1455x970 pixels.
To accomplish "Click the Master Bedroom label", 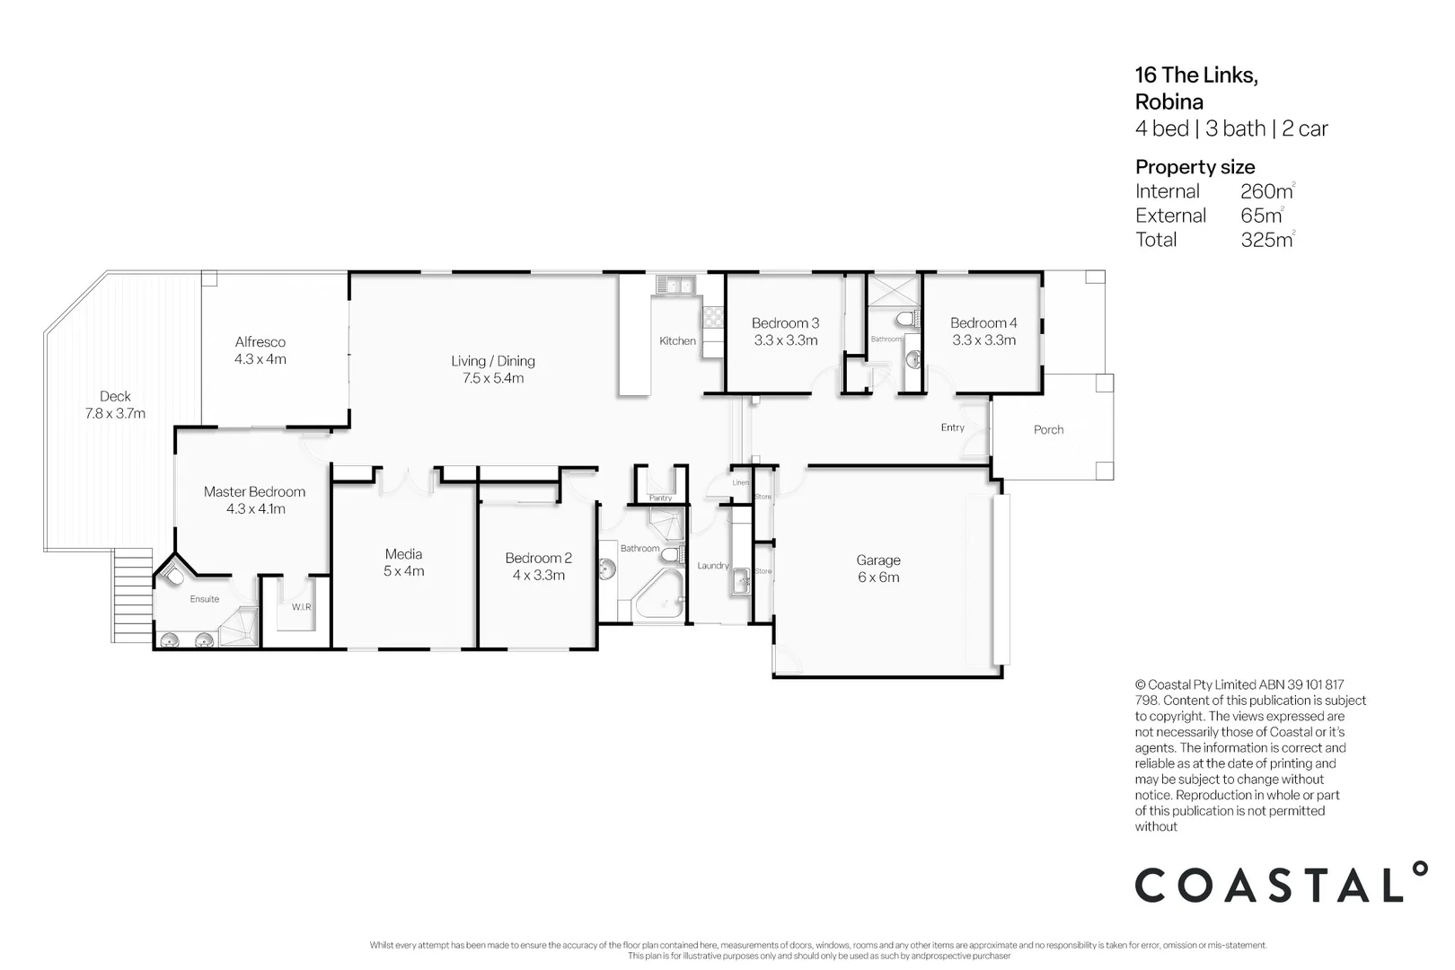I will pos(254,492).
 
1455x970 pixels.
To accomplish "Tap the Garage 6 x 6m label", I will pos(877,569).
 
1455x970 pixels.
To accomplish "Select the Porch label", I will pos(1048,430).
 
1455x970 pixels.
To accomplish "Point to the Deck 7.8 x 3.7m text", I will pos(115,405).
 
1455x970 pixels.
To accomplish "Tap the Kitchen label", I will pos(677,341).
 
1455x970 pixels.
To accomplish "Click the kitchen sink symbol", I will pos(674,286).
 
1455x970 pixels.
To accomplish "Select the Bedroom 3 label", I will pos(785,323).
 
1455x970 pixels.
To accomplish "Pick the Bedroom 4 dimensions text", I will pos(983,340).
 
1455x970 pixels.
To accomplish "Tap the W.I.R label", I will pos(301,607).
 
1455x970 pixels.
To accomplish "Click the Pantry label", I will pos(660,498).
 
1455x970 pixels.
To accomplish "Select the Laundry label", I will pos(713,566).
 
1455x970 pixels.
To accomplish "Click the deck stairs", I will pos(133,595).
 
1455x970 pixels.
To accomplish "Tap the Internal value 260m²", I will pos(1266,191).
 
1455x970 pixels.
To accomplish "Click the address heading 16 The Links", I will pos(1195,75).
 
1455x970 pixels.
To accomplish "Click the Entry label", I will pos(952,428).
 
